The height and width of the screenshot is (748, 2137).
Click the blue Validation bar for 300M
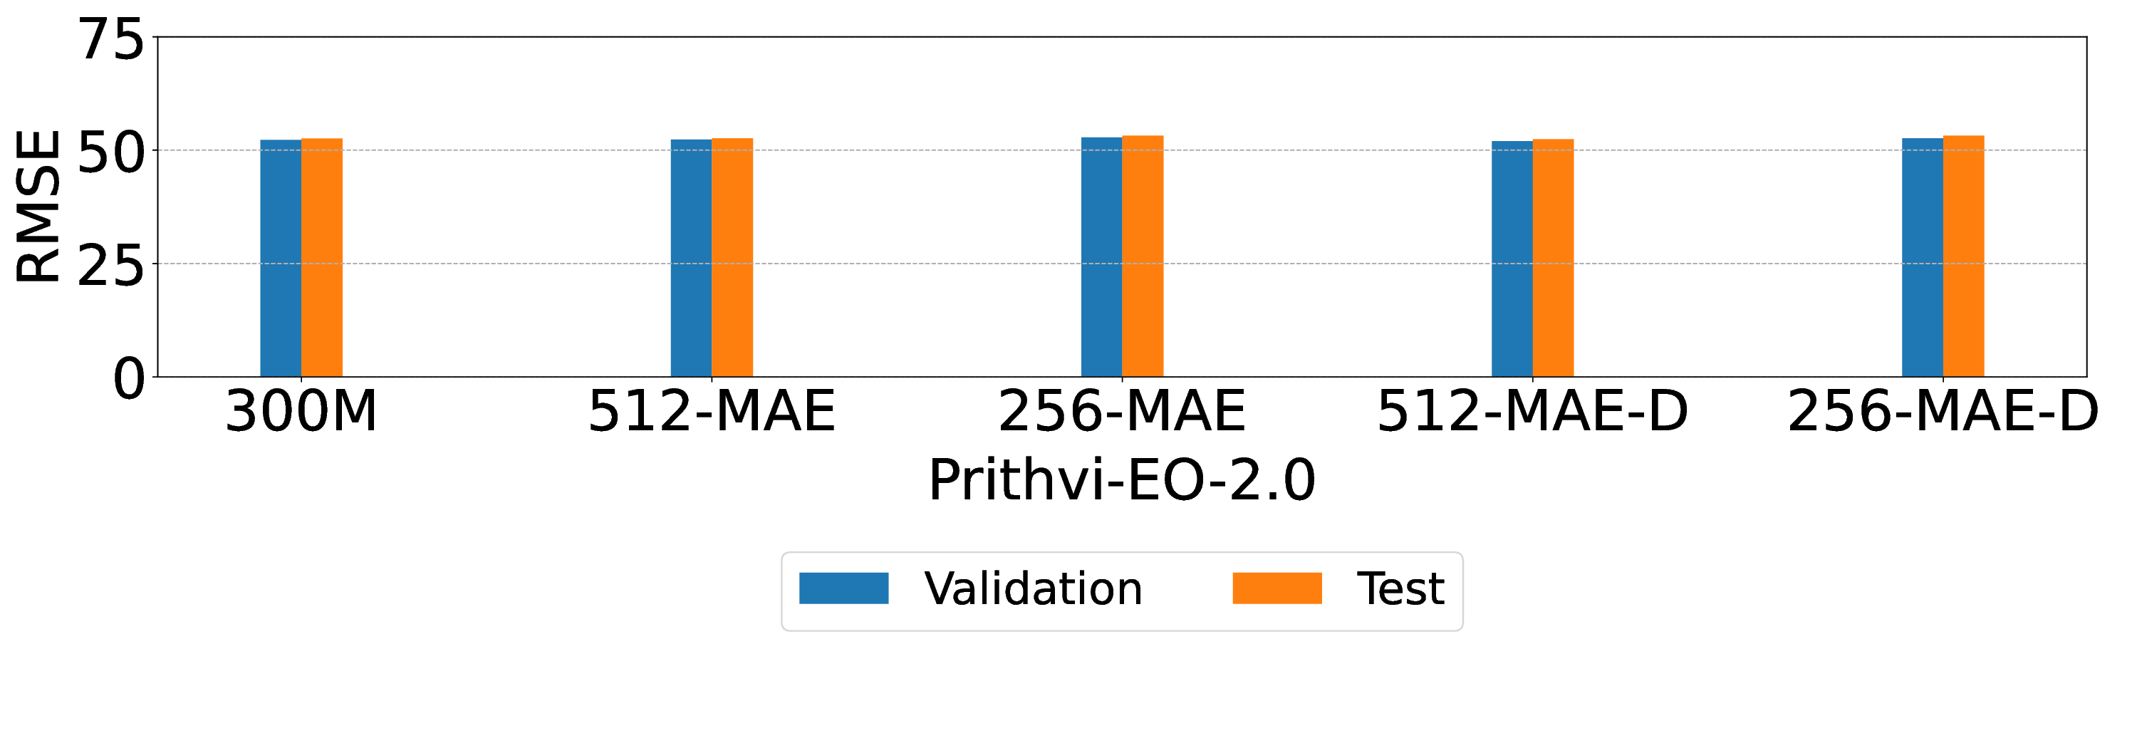(281, 258)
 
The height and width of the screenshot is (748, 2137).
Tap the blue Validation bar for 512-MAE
(691, 258)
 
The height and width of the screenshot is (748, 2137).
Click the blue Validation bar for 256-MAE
(1102, 256)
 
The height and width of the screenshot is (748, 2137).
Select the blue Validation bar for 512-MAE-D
(1512, 259)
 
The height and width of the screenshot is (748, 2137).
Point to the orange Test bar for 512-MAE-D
(1553, 258)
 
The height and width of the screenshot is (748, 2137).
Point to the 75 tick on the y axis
(111, 40)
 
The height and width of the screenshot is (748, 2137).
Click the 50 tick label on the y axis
(111, 152)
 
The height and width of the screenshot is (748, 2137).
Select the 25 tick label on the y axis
(111, 266)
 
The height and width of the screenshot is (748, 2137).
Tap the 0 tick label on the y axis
(129, 380)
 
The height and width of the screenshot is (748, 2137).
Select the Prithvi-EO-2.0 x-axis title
(1122, 480)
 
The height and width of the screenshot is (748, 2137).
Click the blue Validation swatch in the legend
(843, 588)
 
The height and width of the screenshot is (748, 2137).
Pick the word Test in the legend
(1400, 588)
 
